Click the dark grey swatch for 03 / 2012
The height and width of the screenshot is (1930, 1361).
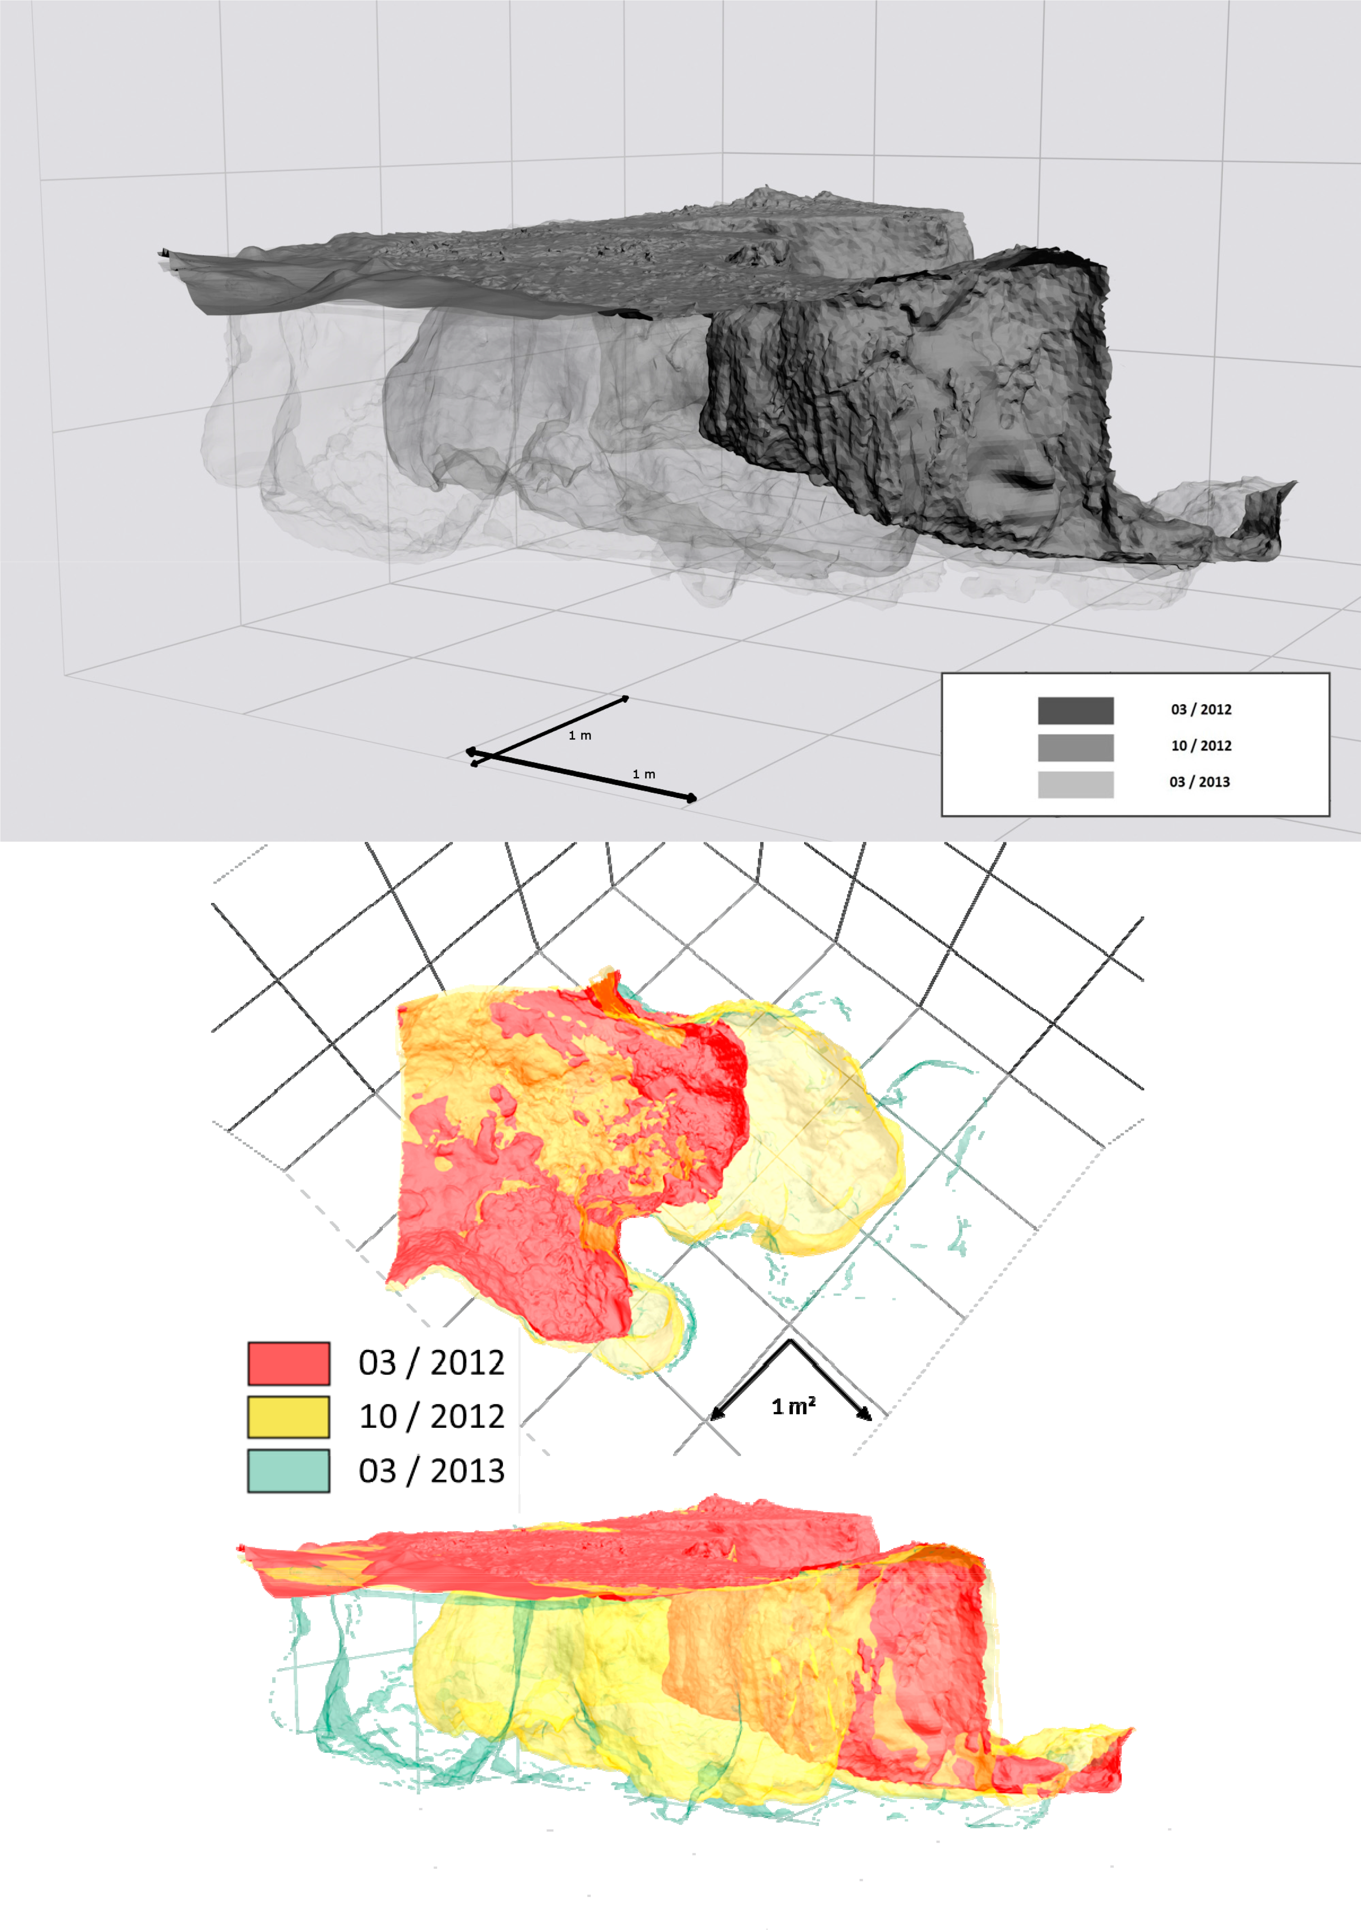(x=1075, y=710)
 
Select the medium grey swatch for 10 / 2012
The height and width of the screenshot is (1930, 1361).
(x=1075, y=747)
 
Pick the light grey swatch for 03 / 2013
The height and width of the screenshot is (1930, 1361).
(x=1075, y=784)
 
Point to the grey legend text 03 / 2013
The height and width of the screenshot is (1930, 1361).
(x=1200, y=782)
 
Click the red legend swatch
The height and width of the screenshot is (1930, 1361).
(x=288, y=1363)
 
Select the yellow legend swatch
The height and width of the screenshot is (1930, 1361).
(x=288, y=1417)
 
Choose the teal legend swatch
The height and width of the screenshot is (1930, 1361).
(x=288, y=1471)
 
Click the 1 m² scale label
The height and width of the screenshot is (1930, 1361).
(x=793, y=1406)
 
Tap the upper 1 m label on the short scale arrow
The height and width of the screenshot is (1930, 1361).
(x=580, y=736)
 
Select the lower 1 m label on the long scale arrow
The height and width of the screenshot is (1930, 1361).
(x=644, y=774)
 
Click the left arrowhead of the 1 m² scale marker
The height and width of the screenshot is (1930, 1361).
(x=715, y=1417)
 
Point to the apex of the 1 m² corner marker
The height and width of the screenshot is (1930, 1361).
(x=789, y=1341)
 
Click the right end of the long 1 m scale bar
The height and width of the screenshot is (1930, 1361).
(x=692, y=799)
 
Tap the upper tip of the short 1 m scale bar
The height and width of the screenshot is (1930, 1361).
(x=626, y=698)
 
